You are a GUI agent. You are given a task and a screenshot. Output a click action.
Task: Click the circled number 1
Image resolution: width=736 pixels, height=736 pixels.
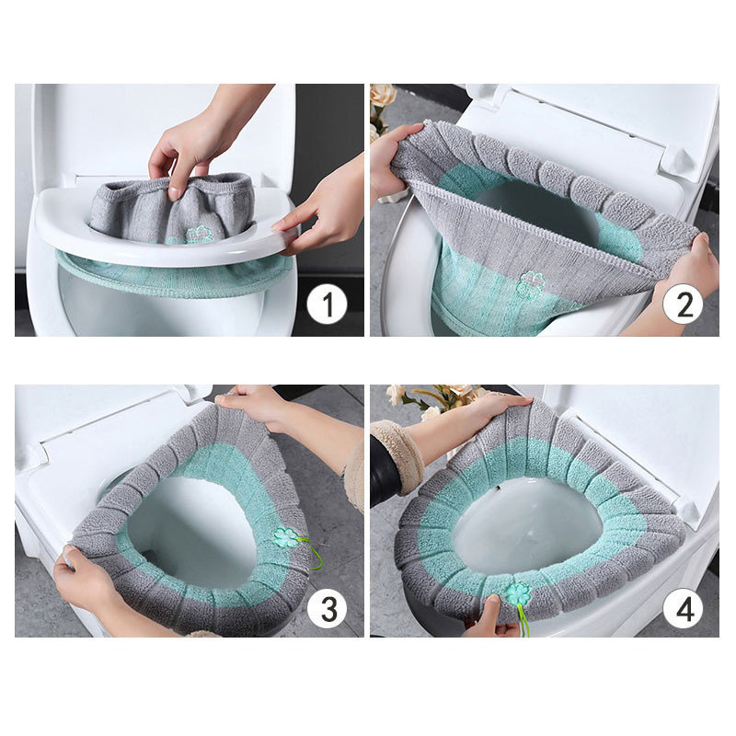[x=328, y=304]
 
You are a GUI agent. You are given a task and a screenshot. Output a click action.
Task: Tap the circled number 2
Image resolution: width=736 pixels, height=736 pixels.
[x=683, y=304]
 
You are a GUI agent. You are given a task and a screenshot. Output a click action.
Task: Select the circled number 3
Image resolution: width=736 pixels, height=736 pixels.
[x=328, y=608]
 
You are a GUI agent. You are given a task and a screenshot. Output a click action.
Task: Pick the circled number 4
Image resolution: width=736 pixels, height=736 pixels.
[x=683, y=608]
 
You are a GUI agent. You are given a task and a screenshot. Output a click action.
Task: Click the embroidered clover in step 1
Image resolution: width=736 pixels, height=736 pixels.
[x=200, y=235]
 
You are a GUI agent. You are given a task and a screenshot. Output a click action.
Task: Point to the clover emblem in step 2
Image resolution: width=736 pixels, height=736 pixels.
[x=531, y=283]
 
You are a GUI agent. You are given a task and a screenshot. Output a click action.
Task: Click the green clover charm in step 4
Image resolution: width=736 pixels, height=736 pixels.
[x=518, y=595]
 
